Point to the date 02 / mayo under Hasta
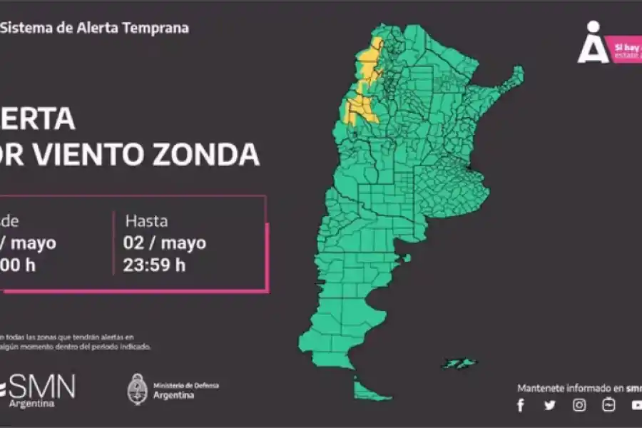(x=165, y=243)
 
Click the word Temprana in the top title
(x=157, y=29)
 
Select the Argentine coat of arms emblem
(x=138, y=389)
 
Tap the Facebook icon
(x=521, y=405)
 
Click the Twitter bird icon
(x=550, y=405)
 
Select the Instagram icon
(x=580, y=405)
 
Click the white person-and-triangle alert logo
(x=593, y=44)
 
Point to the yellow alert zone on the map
(x=358, y=107)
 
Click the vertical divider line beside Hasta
(x=113, y=243)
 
